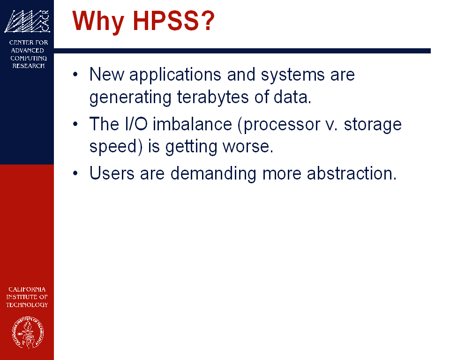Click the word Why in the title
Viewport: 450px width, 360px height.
pyautogui.click(x=98, y=22)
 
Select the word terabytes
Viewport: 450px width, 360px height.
pyautogui.click(x=213, y=97)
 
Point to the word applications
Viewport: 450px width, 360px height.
pyautogui.click(x=175, y=75)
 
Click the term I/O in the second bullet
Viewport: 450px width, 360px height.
pyautogui.click(x=136, y=124)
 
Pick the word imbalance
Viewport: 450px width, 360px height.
pyautogui.click(x=192, y=124)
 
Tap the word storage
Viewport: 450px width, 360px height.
pyautogui.click(x=373, y=125)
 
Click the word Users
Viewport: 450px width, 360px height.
pyautogui.click(x=112, y=173)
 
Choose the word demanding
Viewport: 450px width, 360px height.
pyautogui.click(x=213, y=174)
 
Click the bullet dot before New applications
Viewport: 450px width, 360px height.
pyautogui.click(x=75, y=75)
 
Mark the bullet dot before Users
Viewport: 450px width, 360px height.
pyautogui.click(x=75, y=173)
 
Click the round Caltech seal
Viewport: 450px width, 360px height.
pyautogui.click(x=28, y=332)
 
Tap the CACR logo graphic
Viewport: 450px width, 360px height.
pyautogui.click(x=27, y=21)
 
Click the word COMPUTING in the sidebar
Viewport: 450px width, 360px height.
pyautogui.click(x=29, y=58)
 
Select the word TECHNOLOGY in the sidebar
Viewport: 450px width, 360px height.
pyautogui.click(x=27, y=305)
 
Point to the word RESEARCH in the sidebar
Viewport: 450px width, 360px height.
pyautogui.click(x=29, y=66)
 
